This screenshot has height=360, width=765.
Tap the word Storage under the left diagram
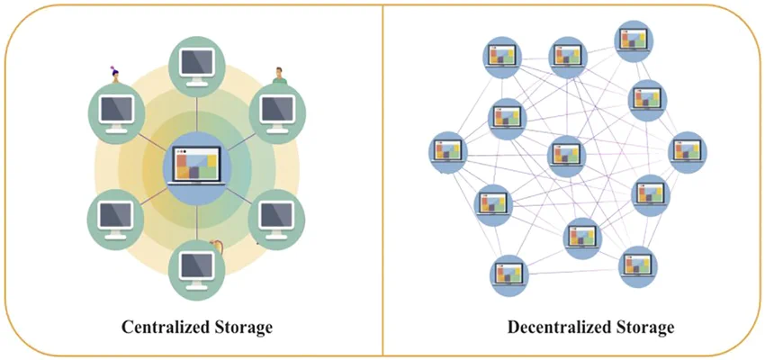[243, 328]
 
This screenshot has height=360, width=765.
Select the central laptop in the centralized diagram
[196, 166]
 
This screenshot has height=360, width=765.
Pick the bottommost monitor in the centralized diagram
[196, 271]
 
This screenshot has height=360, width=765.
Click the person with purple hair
[115, 75]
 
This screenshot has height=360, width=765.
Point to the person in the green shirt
[279, 76]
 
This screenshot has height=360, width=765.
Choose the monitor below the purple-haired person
[116, 113]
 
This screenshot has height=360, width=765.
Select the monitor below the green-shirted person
[277, 113]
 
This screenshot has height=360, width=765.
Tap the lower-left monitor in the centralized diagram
[115, 220]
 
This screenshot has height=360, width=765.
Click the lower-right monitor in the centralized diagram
[276, 220]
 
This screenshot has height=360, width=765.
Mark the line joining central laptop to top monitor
[196, 114]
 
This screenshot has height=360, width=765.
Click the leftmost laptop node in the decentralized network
[448, 152]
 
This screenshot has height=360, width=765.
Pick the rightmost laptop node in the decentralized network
[688, 152]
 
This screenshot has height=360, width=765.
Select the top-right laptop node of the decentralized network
[634, 41]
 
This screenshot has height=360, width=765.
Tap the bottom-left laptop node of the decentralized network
[508, 275]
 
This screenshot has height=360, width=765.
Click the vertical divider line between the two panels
[383, 180]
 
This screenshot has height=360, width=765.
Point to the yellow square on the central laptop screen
[211, 160]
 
